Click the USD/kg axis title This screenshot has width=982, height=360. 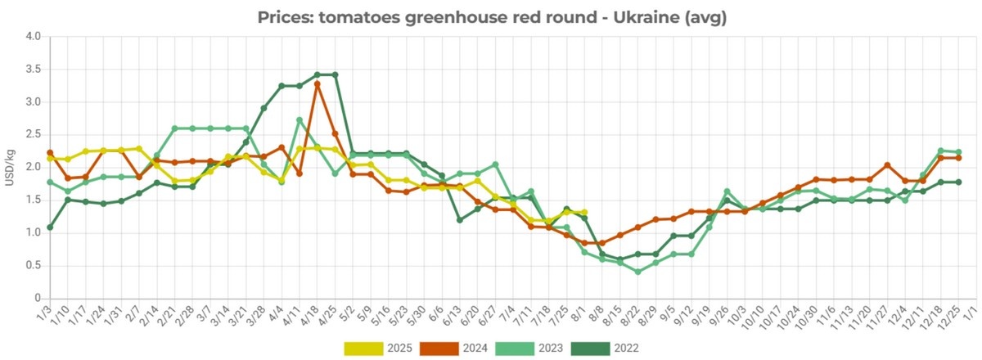click(10, 167)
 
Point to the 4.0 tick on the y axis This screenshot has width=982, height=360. click(32, 37)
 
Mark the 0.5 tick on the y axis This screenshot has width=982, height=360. click(32, 266)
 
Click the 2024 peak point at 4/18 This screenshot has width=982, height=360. click(317, 83)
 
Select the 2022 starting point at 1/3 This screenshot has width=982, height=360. click(50, 227)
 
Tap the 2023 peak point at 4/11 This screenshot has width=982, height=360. click(300, 120)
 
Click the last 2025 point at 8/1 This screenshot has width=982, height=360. click(583, 212)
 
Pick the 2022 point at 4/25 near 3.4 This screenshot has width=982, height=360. click(335, 74)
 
